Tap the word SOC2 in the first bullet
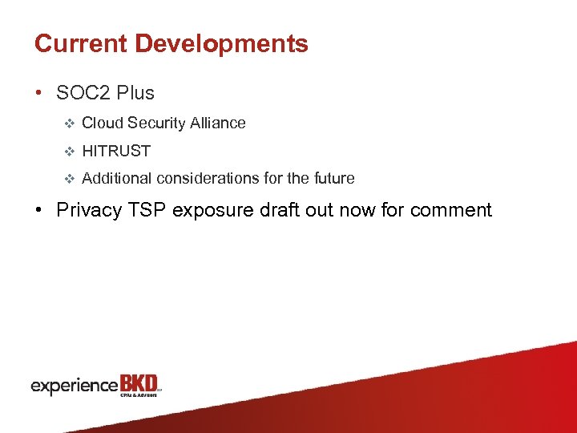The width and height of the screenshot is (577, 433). (83, 93)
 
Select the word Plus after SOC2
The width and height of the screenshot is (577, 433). (135, 93)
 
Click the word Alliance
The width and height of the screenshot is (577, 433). (216, 123)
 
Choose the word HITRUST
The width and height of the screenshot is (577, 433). (116, 151)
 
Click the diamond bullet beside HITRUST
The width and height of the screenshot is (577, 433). (68, 152)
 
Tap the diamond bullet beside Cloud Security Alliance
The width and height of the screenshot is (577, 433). (68, 123)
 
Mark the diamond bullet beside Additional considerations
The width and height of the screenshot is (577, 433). (68, 179)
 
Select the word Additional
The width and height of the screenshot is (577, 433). (117, 179)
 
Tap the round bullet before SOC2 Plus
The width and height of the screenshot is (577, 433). (39, 94)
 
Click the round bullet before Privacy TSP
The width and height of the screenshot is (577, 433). (39, 211)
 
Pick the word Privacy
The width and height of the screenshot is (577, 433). (85, 210)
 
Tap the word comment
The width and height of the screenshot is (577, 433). (451, 210)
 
